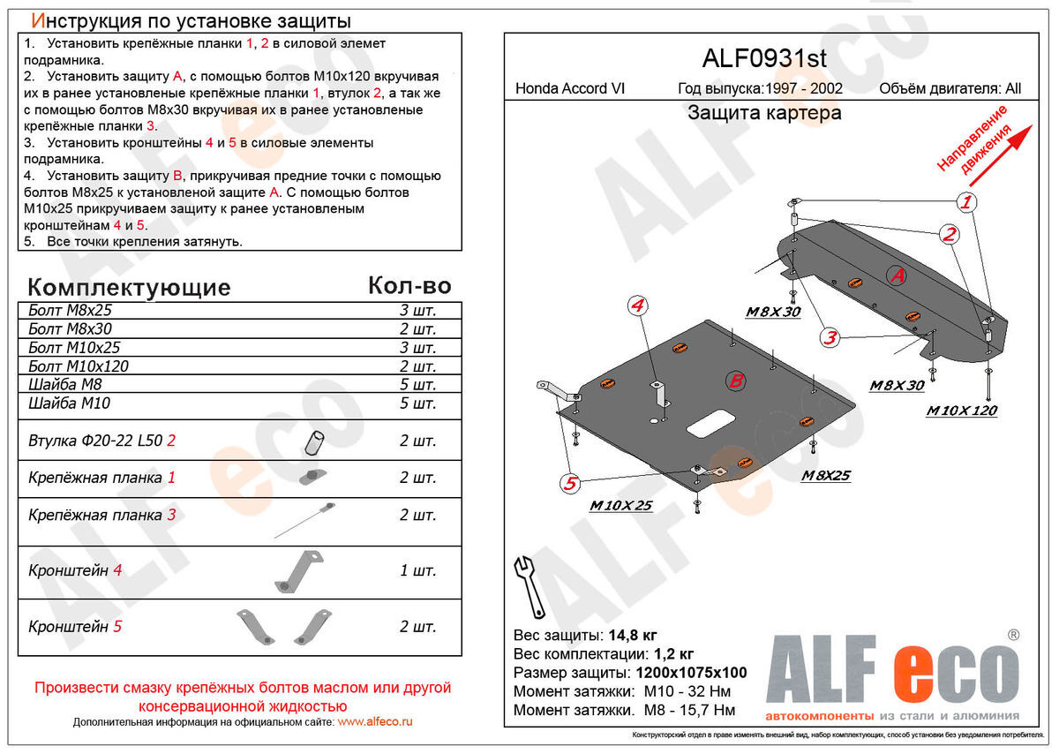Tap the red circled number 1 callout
pos(967,202)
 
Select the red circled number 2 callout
pos(950,234)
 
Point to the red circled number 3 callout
pos(830,336)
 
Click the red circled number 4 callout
pos(638,305)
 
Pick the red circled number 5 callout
pos(571,482)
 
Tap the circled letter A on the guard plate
pos(897,275)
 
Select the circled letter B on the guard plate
pos(734,381)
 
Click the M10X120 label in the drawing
pos(962,411)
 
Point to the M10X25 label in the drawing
pos(620,506)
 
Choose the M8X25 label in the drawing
pos(825,476)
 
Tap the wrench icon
pos(527,584)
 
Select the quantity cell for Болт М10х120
pos(417,366)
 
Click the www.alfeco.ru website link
pos(375,721)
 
